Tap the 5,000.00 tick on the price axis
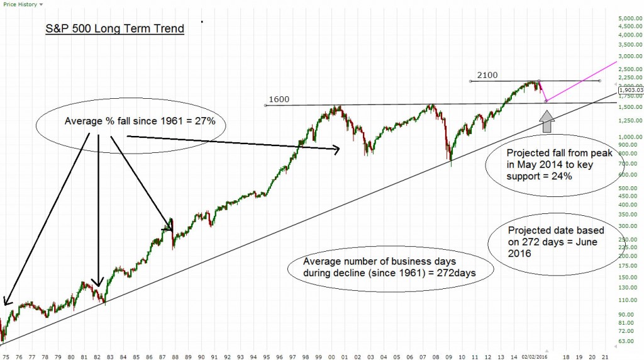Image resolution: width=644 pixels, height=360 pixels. click(x=629, y=18)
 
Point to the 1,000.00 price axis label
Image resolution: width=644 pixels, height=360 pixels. click(x=629, y=137)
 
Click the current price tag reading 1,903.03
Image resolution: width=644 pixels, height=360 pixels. click(x=631, y=90)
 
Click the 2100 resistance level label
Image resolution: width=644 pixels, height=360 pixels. click(x=487, y=75)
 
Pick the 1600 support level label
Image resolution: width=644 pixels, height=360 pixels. click(x=279, y=99)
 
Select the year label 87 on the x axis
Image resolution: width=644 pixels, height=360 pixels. click(x=162, y=354)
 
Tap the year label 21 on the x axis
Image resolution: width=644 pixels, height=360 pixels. click(x=605, y=354)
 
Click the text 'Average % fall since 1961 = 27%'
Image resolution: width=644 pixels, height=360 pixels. click(x=140, y=121)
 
